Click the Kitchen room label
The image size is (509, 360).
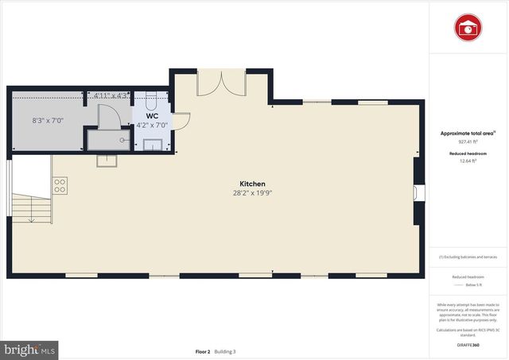(x=252, y=184)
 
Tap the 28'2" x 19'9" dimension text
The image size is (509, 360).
(x=252, y=193)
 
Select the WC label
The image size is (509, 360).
(x=152, y=116)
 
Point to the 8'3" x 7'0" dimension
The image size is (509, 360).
(x=47, y=121)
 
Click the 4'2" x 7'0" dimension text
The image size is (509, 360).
(x=152, y=126)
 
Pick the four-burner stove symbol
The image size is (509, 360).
(x=60, y=185)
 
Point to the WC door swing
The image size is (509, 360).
(x=180, y=122)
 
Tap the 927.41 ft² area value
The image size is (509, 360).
(x=468, y=141)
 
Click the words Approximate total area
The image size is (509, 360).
(x=468, y=134)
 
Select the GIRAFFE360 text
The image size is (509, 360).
(x=468, y=346)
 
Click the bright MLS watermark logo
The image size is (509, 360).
(x=29, y=349)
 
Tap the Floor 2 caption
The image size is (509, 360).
(x=203, y=351)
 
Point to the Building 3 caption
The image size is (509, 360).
(x=225, y=351)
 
